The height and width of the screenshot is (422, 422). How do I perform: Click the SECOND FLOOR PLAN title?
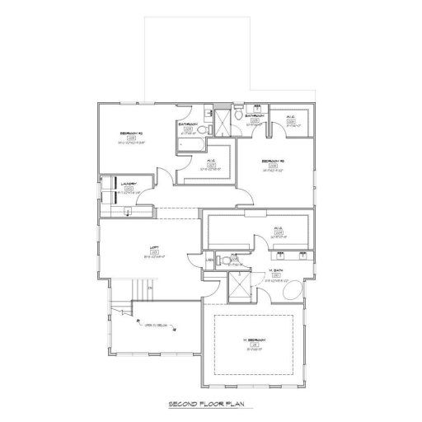pyautogui.click(x=210, y=406)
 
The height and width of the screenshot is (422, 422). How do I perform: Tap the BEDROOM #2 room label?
pyautogui.click(x=131, y=133)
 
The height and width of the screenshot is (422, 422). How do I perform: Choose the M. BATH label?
pyautogui.click(x=277, y=270)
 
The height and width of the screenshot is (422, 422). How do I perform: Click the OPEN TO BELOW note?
pyautogui.click(x=157, y=325)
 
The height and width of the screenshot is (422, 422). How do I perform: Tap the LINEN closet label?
pyautogui.click(x=209, y=261)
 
